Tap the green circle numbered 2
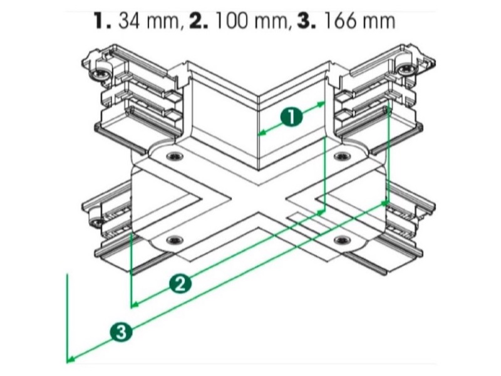pyautogui.click(x=180, y=284)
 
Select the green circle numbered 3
pyautogui.click(x=121, y=332)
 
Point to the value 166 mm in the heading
pyautogui.click(x=359, y=21)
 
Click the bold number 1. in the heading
pyautogui.click(x=103, y=21)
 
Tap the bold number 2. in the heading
pyautogui.click(x=199, y=21)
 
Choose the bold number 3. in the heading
pyautogui.click(x=307, y=21)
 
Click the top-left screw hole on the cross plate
pyautogui.click(x=175, y=156)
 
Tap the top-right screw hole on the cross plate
pyautogui.click(x=342, y=156)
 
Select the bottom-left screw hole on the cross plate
pyautogui.click(x=175, y=240)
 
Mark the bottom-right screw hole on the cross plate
pyautogui.click(x=342, y=240)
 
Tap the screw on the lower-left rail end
pyautogui.click(x=95, y=221)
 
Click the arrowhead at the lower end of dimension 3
pyautogui.click(x=71, y=360)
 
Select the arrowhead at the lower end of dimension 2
pyautogui.click(x=135, y=305)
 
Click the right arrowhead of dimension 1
pyautogui.click(x=321, y=104)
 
